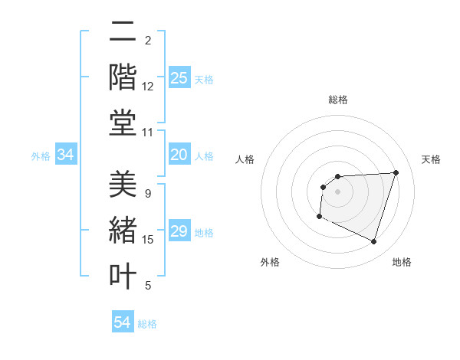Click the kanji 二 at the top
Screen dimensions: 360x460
pos(123,34)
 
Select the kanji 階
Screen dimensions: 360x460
pos(123,78)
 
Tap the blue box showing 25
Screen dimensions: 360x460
pos(179,77)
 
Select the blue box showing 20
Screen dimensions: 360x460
pos(179,155)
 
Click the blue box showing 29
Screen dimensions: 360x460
pos(179,231)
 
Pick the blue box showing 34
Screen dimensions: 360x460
pos(66,155)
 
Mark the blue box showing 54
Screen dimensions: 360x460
pos(123,322)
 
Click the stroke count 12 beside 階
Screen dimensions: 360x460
pos(148,87)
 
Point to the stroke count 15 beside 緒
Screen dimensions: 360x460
pos(148,240)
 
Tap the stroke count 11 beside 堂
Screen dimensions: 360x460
pos(148,133)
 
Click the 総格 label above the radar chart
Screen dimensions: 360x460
pos(338,100)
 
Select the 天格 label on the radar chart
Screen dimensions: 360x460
pos(431,159)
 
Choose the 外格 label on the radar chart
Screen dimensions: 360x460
pos(270,262)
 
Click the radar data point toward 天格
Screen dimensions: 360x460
pos(396,172)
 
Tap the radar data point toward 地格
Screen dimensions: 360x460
pos(373,242)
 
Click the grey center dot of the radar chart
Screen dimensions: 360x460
pos(337,191)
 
